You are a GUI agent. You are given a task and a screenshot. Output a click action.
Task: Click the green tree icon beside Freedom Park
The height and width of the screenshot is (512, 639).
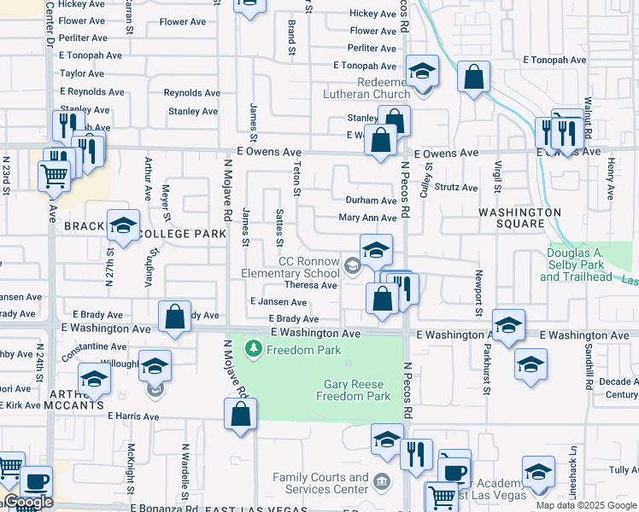[x=253, y=349]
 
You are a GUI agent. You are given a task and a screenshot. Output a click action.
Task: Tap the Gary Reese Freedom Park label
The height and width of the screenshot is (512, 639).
[x=353, y=390]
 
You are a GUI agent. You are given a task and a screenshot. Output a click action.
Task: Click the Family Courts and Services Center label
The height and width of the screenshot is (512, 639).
[x=319, y=483]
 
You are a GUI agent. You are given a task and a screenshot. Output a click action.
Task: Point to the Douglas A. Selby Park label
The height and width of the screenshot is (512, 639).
[x=576, y=265]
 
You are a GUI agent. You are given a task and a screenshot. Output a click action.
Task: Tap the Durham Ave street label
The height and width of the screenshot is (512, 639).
[x=370, y=201]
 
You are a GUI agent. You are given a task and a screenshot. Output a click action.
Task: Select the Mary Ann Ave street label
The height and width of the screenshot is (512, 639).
[x=367, y=218]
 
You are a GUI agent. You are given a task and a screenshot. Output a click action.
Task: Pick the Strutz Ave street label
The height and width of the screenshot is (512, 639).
[x=455, y=187]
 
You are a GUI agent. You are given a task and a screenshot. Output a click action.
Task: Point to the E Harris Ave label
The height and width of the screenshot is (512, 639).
[x=133, y=416]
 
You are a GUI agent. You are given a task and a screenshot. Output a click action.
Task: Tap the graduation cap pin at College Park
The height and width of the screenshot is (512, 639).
[x=123, y=225]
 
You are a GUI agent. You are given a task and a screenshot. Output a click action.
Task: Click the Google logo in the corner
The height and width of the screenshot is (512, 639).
[x=28, y=503]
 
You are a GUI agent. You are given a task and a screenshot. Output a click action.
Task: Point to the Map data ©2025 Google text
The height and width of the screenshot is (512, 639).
[x=586, y=505]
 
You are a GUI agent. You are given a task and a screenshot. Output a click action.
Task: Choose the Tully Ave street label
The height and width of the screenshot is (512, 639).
[x=624, y=470]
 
